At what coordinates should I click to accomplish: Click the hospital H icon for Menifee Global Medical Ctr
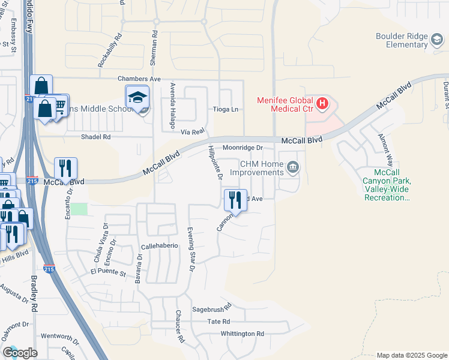[322, 104]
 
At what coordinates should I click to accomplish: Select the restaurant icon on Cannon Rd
[235, 199]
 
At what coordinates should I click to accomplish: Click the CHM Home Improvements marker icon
[292, 167]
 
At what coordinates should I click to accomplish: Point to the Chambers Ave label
[139, 79]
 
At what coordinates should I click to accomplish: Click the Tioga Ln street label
[226, 109]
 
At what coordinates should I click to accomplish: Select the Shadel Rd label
[96, 137]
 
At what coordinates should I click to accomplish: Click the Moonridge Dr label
[243, 147]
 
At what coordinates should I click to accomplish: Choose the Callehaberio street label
[160, 246]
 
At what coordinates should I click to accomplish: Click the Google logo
[20, 353]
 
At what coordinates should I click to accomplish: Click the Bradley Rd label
[34, 295]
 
